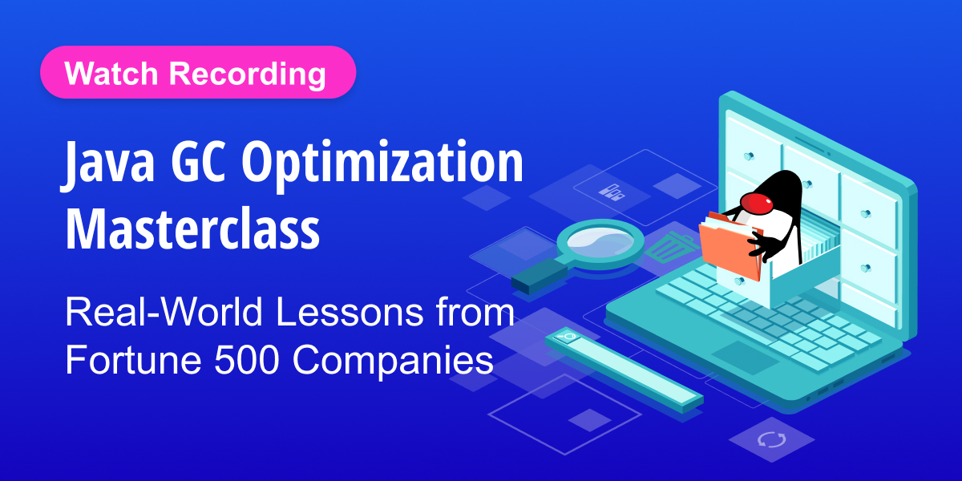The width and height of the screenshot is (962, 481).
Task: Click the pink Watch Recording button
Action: coord(197,73)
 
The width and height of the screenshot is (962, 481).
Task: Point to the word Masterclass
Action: coord(192,226)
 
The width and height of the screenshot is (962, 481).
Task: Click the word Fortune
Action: coord(132,360)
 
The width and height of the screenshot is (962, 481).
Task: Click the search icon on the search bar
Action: coord(566,337)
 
